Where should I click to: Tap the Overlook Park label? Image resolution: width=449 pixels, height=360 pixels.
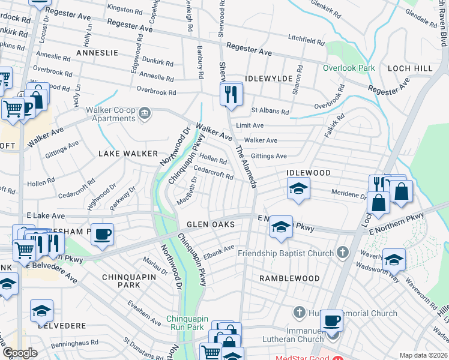pyautogui.click(x=348, y=68)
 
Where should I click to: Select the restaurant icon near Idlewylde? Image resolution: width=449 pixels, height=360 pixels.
pyautogui.click(x=230, y=94)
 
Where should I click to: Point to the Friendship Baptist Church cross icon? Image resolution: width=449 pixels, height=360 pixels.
pyautogui.click(x=343, y=253)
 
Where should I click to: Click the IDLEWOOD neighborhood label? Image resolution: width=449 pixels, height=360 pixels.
pyautogui.click(x=309, y=173)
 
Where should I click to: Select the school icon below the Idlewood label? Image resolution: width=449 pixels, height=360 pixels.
pyautogui.click(x=298, y=189)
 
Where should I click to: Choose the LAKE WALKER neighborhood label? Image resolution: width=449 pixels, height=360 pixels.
pyautogui.click(x=128, y=154)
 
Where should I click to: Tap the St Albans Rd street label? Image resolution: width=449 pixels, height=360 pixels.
pyautogui.click(x=270, y=111)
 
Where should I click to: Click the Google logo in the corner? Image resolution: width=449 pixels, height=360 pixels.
pyautogui.click(x=20, y=353)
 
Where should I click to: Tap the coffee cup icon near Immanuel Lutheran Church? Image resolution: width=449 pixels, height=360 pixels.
pyautogui.click(x=331, y=321)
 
